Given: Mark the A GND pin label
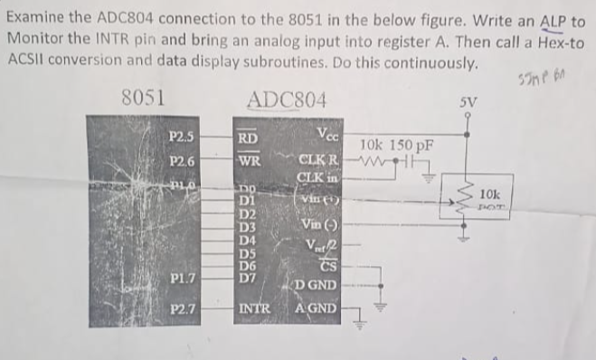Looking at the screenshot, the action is pos(317,308).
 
